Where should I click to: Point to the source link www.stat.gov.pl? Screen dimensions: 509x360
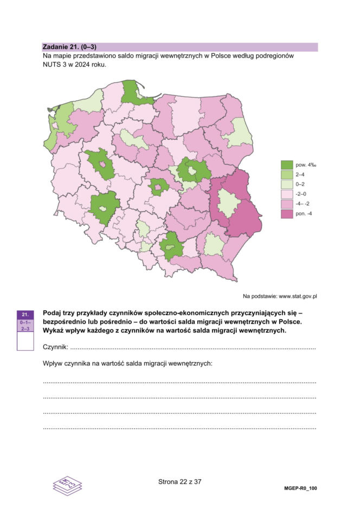[x=298, y=297]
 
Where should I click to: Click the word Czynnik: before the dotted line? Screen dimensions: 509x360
[x=55, y=347]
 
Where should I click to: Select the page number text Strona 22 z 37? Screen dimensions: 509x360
[x=179, y=481]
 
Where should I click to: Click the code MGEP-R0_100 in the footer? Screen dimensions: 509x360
[x=300, y=488]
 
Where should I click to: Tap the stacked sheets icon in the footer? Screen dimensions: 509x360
[x=66, y=485]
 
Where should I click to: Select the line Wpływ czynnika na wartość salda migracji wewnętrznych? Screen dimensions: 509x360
[x=127, y=363]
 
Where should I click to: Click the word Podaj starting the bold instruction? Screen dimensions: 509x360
[x=53, y=313]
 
